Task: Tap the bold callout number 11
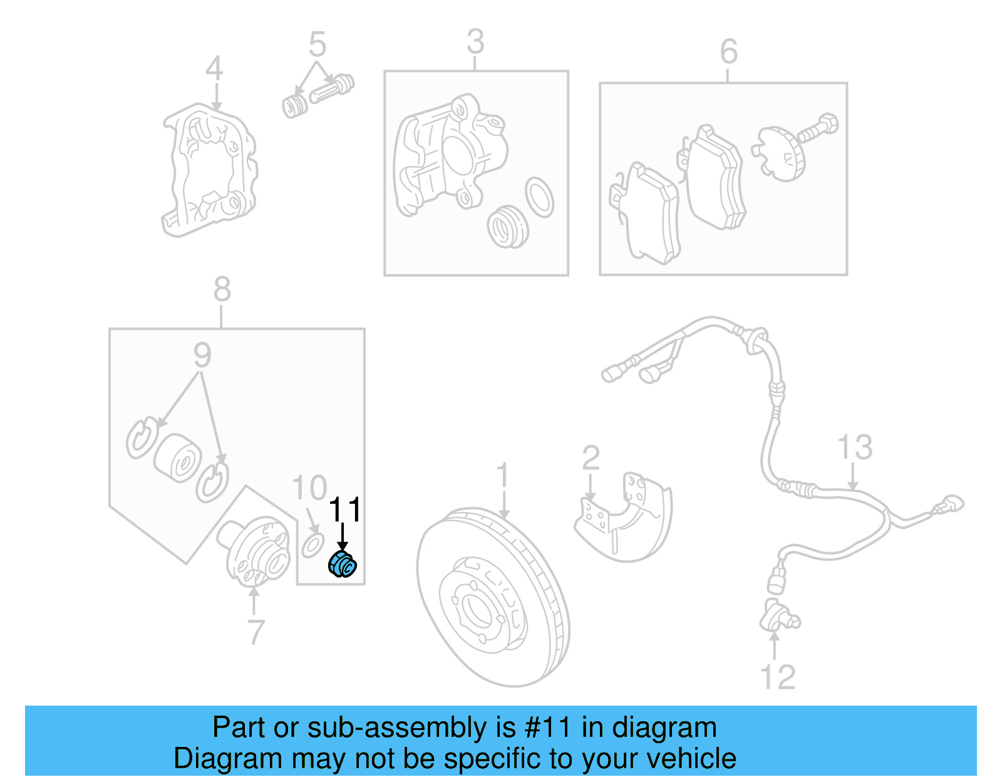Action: [x=344, y=510]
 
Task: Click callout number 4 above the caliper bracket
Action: [x=214, y=68]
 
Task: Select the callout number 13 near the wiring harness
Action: [x=854, y=448]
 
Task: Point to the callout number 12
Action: [x=777, y=677]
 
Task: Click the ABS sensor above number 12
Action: [x=778, y=617]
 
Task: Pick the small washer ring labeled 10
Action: [x=312, y=545]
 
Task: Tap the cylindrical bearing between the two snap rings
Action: [x=178, y=458]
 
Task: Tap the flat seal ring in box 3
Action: [x=539, y=197]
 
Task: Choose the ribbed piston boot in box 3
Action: [x=508, y=226]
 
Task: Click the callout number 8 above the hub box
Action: [x=222, y=291]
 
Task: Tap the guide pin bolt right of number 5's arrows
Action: [x=331, y=90]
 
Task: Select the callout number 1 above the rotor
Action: [x=504, y=478]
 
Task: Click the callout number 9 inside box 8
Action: [x=202, y=356]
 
